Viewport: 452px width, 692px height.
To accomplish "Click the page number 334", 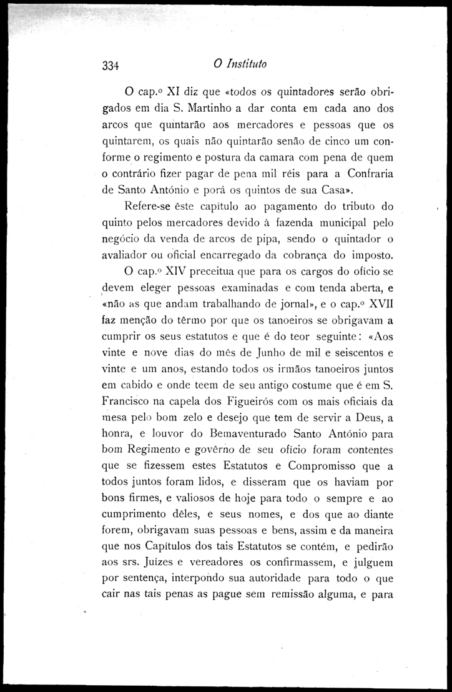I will click(111, 65).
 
